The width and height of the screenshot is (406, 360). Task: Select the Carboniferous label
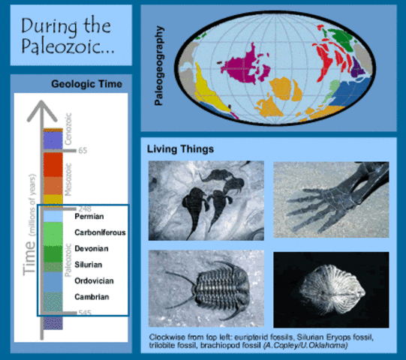[x=100, y=232]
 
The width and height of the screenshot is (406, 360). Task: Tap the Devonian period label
[x=92, y=248]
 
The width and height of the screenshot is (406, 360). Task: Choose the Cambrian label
[x=92, y=297]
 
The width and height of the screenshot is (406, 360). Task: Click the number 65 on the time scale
[x=83, y=151]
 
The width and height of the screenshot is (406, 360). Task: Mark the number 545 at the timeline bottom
[x=86, y=314]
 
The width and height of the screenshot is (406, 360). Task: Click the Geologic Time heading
[x=86, y=84]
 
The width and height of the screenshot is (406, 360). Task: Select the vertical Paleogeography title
[x=159, y=65]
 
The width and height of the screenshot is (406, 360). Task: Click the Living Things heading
[x=180, y=148]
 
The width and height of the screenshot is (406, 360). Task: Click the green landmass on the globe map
[x=344, y=34]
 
